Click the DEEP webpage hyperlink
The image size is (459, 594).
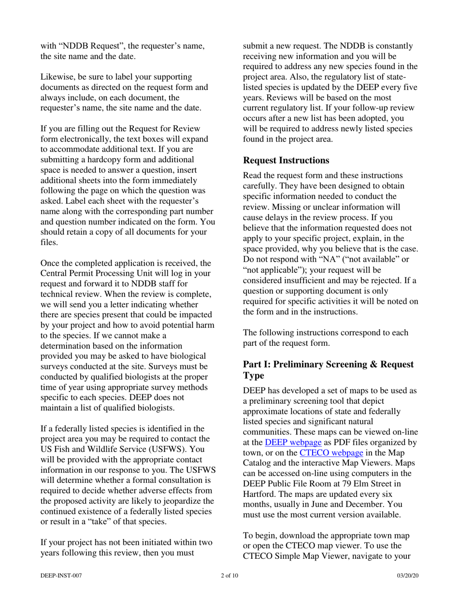click(293, 442)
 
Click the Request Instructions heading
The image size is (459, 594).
click(287, 160)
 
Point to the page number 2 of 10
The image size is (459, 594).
click(229, 576)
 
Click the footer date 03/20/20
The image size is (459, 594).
click(407, 576)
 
